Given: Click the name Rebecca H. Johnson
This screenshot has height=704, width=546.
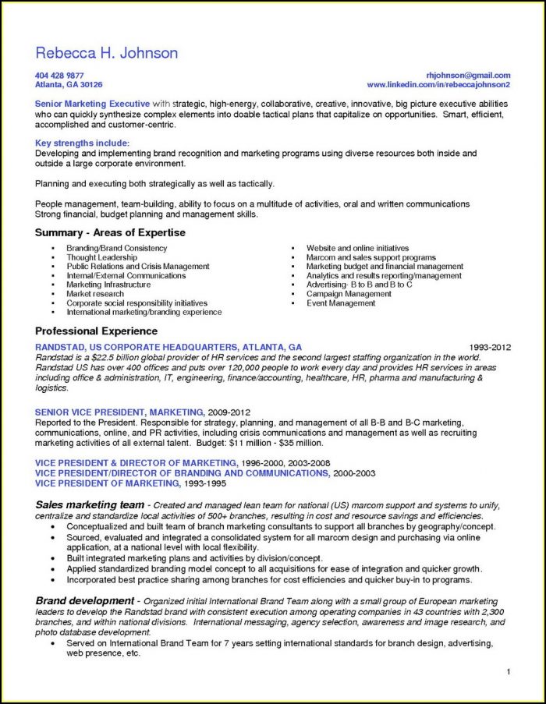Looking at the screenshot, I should pyautogui.click(x=106, y=53).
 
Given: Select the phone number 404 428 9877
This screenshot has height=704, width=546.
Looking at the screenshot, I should pyautogui.click(x=59, y=76).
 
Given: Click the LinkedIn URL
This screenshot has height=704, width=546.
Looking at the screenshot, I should pyautogui.click(x=438, y=84).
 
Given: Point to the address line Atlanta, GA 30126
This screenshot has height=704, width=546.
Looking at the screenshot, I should pyautogui.click(x=69, y=84).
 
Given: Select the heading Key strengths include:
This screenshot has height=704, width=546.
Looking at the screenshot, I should pyautogui.click(x=82, y=143).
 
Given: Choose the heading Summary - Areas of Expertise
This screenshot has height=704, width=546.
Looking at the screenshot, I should pyautogui.click(x=110, y=233).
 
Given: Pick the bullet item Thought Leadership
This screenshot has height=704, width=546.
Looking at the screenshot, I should pyautogui.click(x=101, y=257).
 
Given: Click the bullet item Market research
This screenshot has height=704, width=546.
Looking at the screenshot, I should pyautogui.click(x=96, y=294).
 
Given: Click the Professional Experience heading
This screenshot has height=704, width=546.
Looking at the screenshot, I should pyautogui.click(x=96, y=331).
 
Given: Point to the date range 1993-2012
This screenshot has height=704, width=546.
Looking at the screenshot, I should pyautogui.click(x=490, y=347).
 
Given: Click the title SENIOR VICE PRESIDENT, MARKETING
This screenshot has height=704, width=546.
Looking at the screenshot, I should pyautogui.click(x=119, y=411).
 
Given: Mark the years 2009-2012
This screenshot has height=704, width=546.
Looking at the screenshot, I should pyautogui.click(x=229, y=411).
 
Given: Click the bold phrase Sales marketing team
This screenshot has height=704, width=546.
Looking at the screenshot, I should pyautogui.click(x=90, y=504).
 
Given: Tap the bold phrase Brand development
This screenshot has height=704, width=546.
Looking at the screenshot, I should pyautogui.click(x=84, y=600).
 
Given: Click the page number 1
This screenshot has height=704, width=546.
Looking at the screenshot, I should pyautogui.click(x=508, y=672).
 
